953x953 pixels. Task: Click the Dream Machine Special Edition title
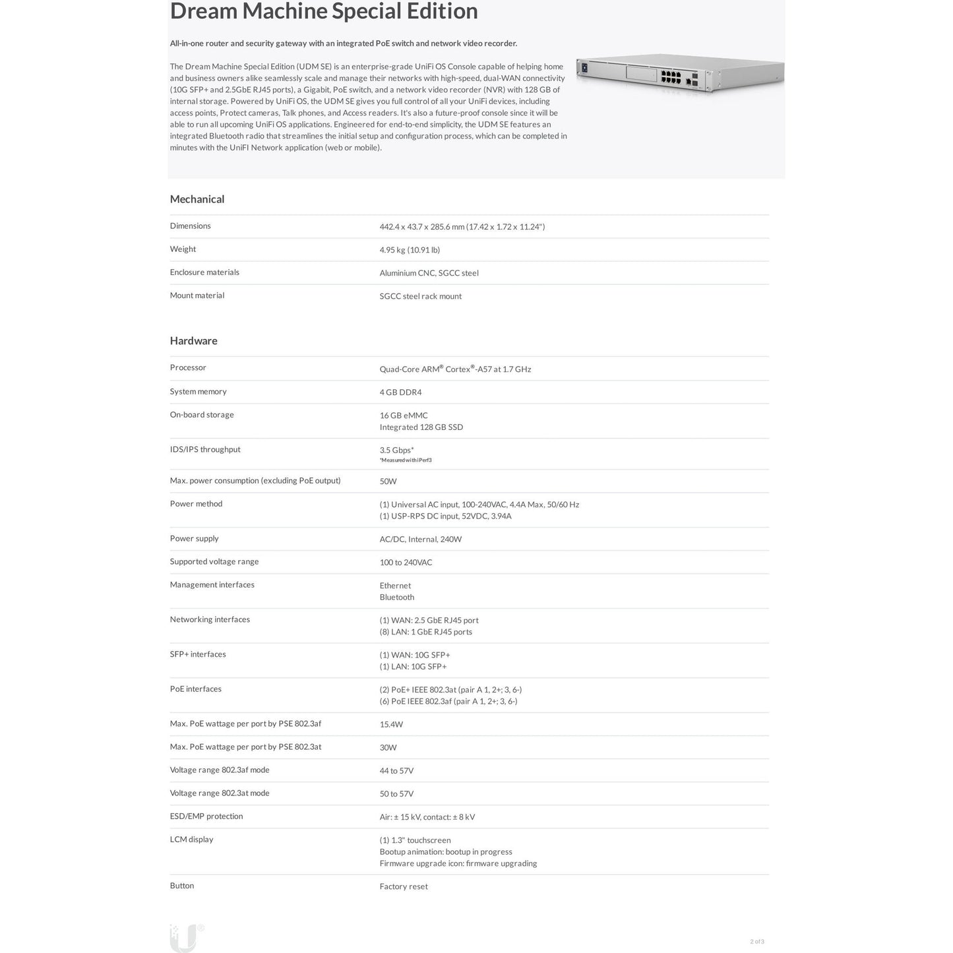tap(324, 11)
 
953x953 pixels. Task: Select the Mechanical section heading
tap(197, 199)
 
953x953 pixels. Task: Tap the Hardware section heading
tap(193, 341)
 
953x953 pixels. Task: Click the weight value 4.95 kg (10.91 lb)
tap(410, 250)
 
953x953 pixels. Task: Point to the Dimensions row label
tap(190, 226)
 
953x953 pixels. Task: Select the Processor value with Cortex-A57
tap(455, 369)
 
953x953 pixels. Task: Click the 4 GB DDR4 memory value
tap(400, 392)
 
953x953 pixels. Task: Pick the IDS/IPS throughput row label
tap(205, 450)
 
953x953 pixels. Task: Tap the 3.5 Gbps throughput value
tap(396, 450)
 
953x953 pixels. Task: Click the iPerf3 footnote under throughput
tap(406, 460)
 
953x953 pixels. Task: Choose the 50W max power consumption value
tap(388, 481)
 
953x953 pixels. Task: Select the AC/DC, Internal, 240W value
tap(420, 539)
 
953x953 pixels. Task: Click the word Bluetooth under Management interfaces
tap(397, 598)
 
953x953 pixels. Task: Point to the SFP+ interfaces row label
tap(198, 654)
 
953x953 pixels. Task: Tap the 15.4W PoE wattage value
tap(391, 725)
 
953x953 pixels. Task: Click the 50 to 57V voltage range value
tap(396, 794)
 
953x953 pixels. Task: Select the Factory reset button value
tap(404, 887)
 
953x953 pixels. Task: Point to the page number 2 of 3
tap(756, 942)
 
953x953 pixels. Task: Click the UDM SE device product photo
tap(679, 75)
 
